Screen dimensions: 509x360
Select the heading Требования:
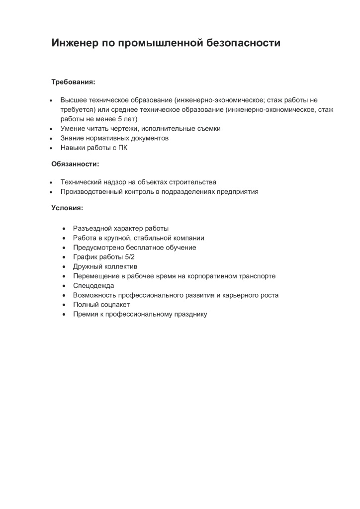point(73,81)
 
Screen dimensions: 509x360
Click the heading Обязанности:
point(75,163)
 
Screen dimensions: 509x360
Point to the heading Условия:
point(67,207)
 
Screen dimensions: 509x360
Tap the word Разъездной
point(92,228)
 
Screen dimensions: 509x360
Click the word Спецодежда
point(93,285)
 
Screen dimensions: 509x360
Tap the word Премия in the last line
point(86,314)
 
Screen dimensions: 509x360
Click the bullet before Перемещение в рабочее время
point(64,276)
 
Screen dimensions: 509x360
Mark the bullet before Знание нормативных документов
point(51,138)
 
